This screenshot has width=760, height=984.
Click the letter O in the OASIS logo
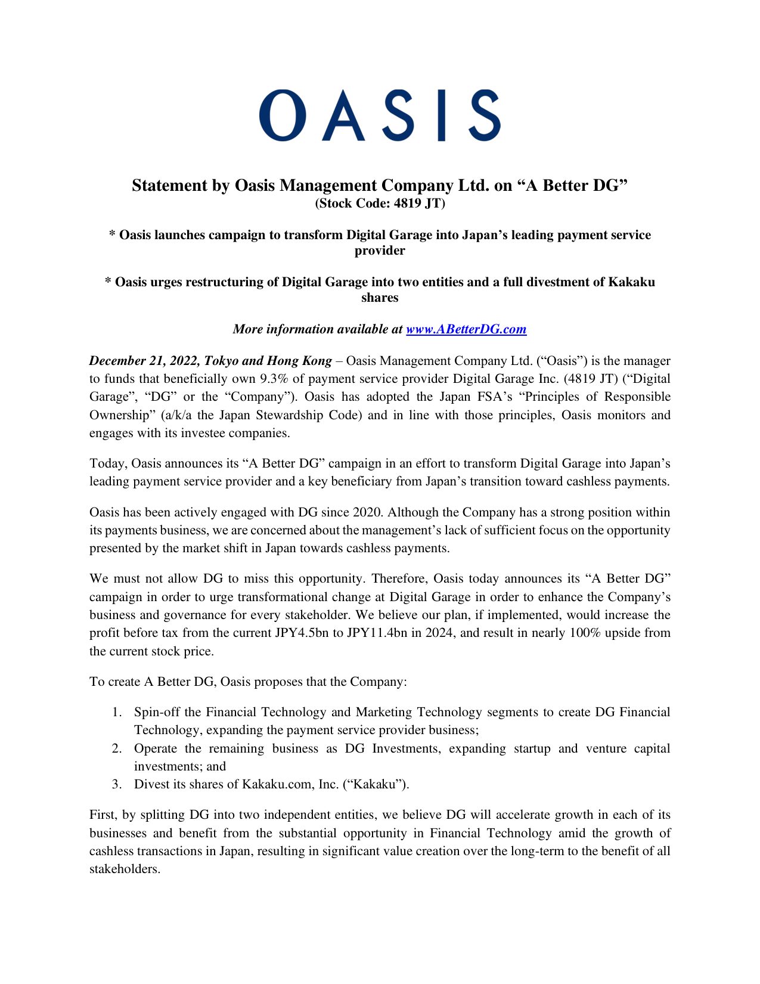click(x=278, y=116)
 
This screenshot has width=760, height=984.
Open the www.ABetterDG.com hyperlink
click(x=466, y=329)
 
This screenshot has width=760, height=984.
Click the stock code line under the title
click(x=380, y=203)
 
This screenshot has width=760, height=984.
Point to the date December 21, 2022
click(x=144, y=361)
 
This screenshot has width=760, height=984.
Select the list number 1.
click(x=117, y=712)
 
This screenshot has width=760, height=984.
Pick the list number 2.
click(x=117, y=748)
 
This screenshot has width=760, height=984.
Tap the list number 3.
click(x=117, y=784)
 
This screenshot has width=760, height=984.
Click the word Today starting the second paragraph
click(x=107, y=463)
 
